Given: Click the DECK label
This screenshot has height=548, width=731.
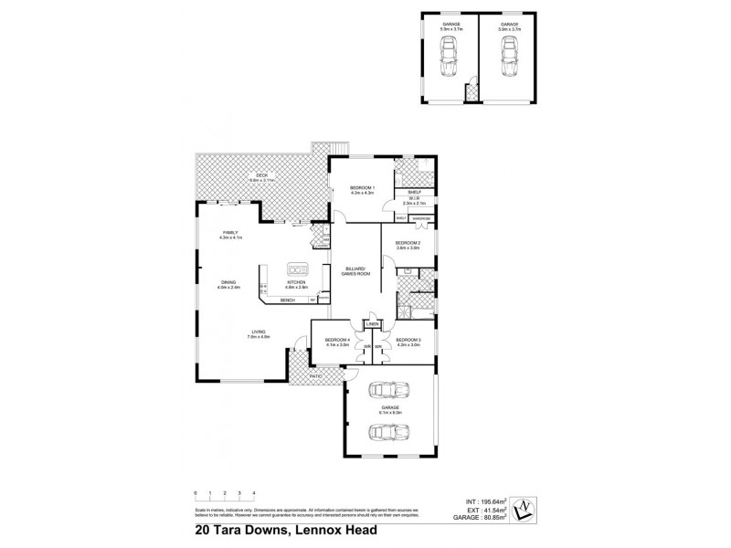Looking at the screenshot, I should coord(260,176).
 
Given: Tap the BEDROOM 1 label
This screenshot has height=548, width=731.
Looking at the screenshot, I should coord(361,187).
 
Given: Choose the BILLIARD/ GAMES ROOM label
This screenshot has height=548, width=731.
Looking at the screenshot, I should coord(354,270).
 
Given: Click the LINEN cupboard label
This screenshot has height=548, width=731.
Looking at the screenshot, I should coord(372,324).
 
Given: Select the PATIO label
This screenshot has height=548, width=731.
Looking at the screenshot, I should coord(315,375).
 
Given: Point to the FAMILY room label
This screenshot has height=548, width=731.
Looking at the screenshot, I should coord(230,233).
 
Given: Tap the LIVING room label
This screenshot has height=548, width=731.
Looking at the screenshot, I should coord(259,333).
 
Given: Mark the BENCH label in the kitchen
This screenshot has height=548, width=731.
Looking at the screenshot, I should coord(288,299).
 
